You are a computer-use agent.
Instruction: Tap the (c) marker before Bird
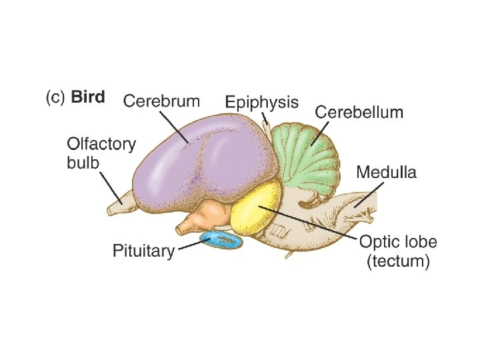tap(55, 98)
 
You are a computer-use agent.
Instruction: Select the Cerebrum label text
tap(161, 101)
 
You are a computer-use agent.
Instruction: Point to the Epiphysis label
tap(261, 103)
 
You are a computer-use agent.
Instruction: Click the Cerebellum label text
tap(359, 112)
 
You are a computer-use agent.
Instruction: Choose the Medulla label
tap(386, 173)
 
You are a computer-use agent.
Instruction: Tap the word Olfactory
tap(101, 143)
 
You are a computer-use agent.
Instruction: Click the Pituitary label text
tap(144, 251)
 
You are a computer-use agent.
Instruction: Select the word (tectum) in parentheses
tap(399, 261)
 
